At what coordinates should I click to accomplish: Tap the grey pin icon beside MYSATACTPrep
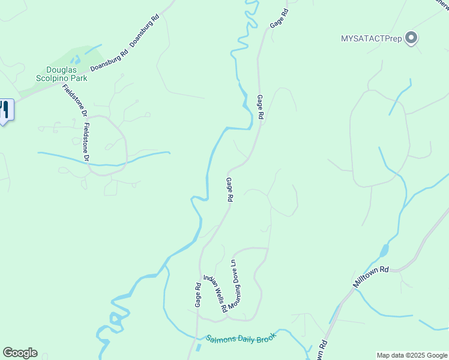coord(411,38)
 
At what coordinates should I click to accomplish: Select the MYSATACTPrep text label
coord(372,38)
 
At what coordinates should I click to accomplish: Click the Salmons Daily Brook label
coord(241,338)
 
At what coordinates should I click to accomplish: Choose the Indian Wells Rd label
coord(214,293)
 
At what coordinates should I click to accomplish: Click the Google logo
coord(20,353)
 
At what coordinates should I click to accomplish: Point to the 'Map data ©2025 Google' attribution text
coord(411,355)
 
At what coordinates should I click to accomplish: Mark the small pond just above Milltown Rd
coord(384,250)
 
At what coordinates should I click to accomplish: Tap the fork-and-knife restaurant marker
coord(5,110)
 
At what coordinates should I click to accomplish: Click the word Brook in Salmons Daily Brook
coord(264,337)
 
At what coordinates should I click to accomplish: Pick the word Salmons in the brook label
coord(220,340)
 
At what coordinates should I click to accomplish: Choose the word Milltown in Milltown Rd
coord(366,280)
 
